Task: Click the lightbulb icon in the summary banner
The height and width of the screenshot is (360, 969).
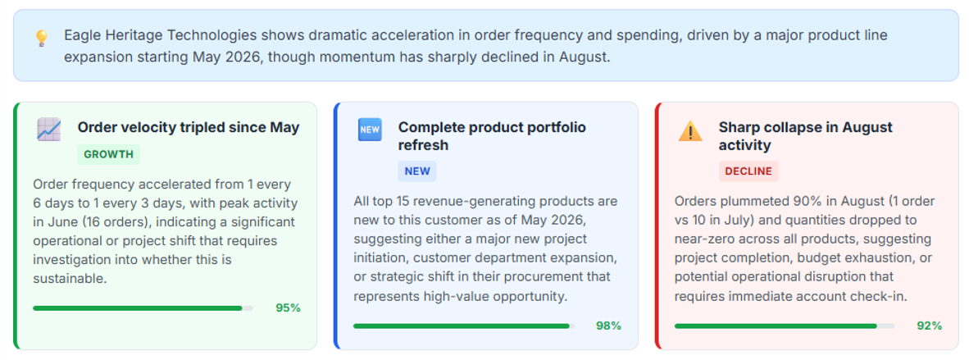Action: click(42, 39)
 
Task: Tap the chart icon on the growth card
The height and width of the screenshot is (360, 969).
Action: click(49, 130)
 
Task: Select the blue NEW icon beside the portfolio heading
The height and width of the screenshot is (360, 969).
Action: click(370, 130)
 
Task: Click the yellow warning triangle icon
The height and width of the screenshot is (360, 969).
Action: click(690, 130)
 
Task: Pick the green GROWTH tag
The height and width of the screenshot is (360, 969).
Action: click(109, 155)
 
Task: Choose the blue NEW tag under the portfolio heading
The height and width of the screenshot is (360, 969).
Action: click(417, 171)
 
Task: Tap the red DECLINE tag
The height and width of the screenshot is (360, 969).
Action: click(748, 171)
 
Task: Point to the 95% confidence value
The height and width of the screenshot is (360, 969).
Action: click(288, 308)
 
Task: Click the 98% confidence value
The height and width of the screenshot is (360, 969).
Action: click(609, 326)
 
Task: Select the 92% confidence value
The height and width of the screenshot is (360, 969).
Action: click(930, 326)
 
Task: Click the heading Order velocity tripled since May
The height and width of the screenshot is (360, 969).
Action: click(189, 127)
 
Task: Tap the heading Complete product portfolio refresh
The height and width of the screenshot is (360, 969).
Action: click(492, 136)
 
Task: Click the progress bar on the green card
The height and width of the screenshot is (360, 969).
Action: click(143, 308)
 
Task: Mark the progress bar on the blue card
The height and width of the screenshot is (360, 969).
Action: click(463, 326)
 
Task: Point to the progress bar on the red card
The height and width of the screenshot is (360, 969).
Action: click(785, 326)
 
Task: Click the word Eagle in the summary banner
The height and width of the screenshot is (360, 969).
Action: click(80, 35)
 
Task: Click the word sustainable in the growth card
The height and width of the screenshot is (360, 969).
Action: click(70, 278)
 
